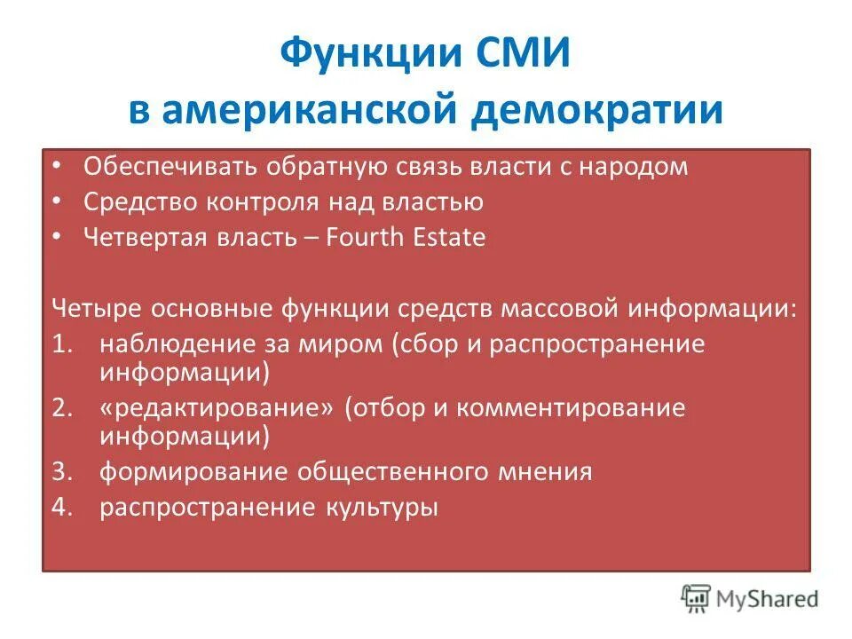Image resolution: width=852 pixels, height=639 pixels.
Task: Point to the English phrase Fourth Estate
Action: point(406,238)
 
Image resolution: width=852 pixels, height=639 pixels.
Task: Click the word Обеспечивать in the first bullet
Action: point(158,167)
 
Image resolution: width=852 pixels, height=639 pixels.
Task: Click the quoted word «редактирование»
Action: point(217,408)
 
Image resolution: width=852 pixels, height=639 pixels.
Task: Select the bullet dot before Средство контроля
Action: point(56,202)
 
